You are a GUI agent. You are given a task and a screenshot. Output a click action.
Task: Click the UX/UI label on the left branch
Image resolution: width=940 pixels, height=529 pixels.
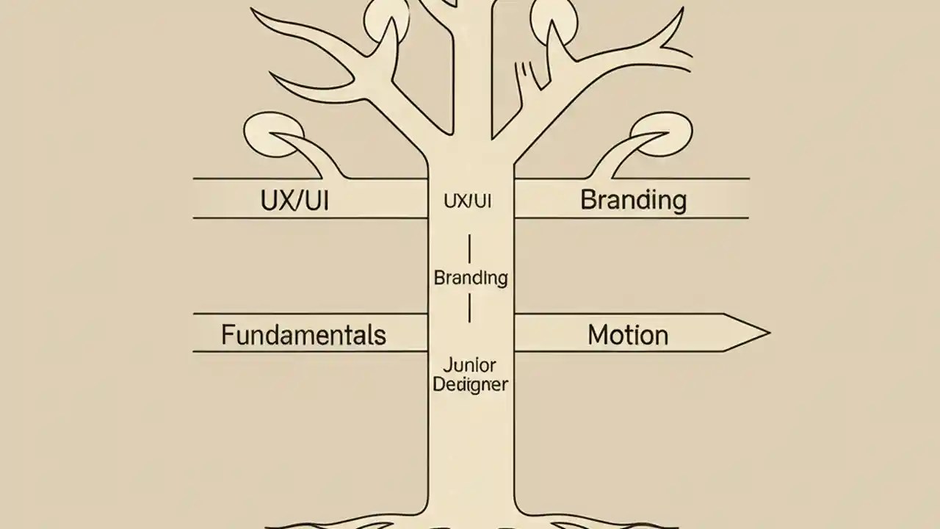click(x=294, y=201)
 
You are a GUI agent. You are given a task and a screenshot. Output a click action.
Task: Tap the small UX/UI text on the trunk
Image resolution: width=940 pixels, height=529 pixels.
click(x=467, y=201)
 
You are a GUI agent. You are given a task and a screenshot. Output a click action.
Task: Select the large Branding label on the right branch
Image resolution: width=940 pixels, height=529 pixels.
click(x=633, y=200)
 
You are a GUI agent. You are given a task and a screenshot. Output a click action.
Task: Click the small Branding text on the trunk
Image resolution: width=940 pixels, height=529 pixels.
click(x=471, y=278)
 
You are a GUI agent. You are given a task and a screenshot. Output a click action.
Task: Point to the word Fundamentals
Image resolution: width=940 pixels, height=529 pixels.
click(x=303, y=335)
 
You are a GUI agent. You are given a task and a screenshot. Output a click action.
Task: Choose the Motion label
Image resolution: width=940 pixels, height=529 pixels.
click(x=628, y=335)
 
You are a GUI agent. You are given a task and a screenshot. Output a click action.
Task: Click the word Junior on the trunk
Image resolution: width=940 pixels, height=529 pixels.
click(x=470, y=364)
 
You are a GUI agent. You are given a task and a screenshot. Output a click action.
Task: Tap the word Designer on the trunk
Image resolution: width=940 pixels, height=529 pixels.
click(x=470, y=384)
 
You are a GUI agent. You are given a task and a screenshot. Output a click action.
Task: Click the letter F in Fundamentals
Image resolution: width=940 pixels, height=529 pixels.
click(x=228, y=335)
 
